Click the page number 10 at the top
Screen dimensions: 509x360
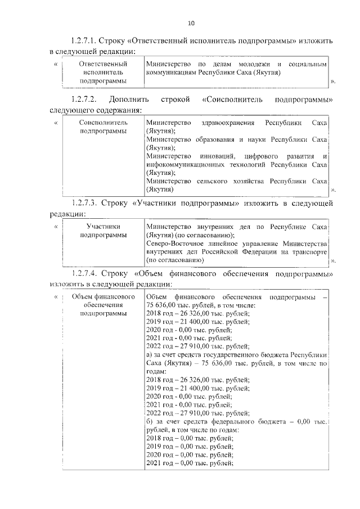191,23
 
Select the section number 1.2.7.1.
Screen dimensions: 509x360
84,42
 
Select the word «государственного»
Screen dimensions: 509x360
237,355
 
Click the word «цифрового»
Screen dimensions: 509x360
265,155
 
